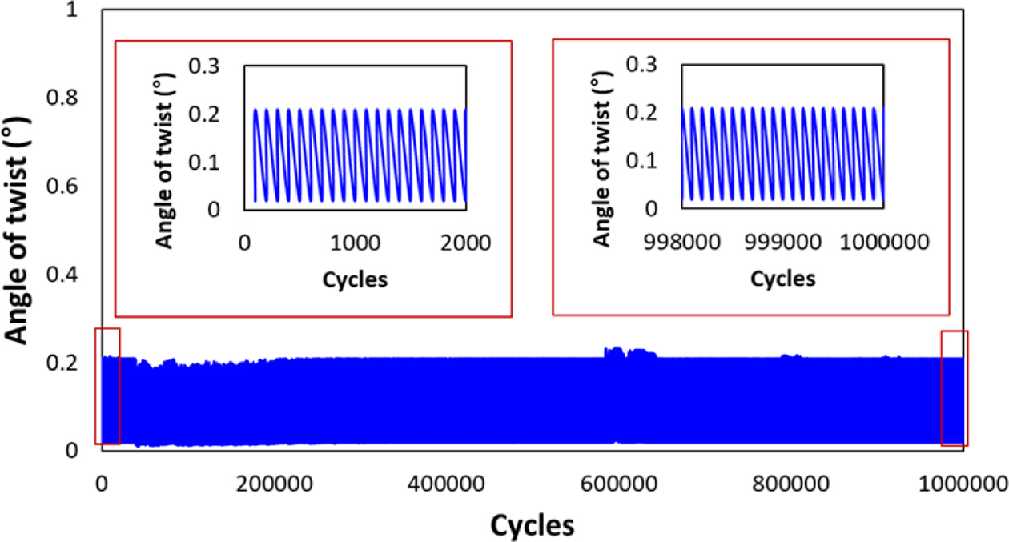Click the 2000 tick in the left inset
click(x=466, y=243)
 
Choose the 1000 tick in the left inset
click(x=356, y=243)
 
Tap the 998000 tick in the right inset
click(x=682, y=243)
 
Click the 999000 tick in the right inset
click(x=782, y=243)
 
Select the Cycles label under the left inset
click(x=355, y=279)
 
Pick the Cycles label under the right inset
click(x=783, y=279)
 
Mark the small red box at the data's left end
click(x=107, y=385)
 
